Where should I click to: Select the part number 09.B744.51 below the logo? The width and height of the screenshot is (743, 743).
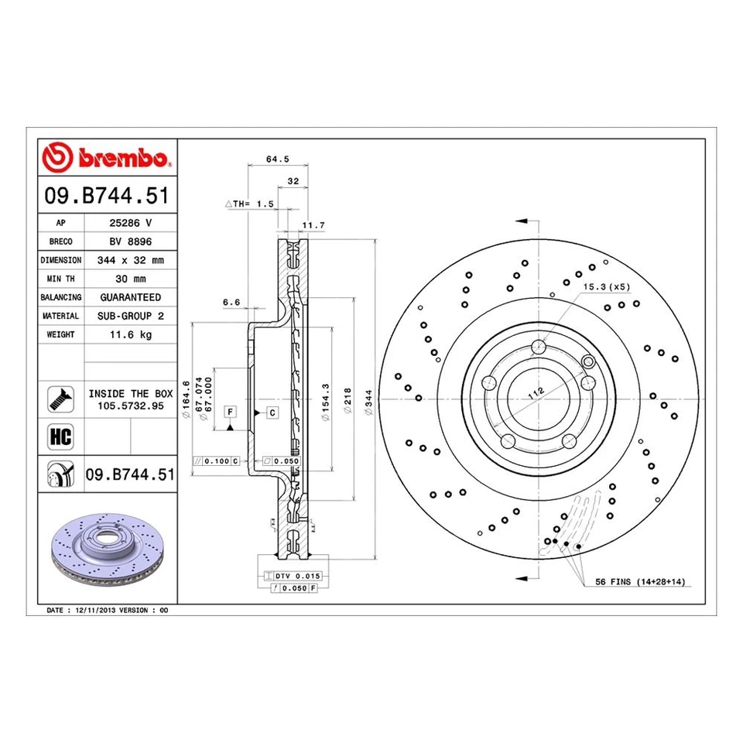pos(108,197)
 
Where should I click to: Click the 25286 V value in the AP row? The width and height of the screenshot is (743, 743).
pos(130,222)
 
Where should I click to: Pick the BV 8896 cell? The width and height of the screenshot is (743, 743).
pos(130,241)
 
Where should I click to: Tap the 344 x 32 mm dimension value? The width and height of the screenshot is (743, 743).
pos(130,260)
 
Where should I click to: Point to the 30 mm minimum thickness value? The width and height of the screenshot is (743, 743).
pos(130,279)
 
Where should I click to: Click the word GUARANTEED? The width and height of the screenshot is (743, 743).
pos(130,297)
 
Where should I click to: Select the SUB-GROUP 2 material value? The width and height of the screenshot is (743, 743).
pos(130,316)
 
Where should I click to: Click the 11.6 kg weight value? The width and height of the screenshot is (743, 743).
pos(130,334)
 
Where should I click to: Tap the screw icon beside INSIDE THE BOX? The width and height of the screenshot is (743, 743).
pos(60,398)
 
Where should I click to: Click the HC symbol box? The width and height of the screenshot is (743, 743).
pos(60,437)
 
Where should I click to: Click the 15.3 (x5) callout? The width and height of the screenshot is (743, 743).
pos(607,287)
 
